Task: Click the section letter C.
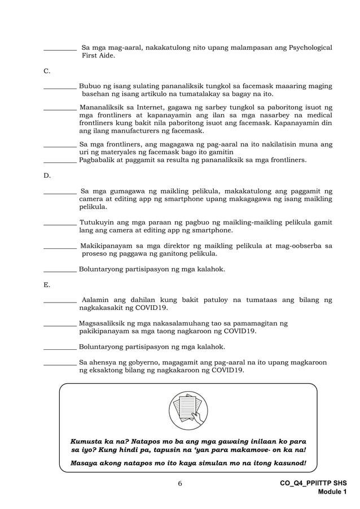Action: point(47,71)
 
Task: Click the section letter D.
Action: point(47,175)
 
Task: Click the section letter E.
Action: point(46,284)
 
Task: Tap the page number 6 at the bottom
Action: point(179,484)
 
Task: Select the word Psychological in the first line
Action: point(310,48)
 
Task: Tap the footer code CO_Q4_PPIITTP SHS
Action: point(313,484)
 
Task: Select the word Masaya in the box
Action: point(85,463)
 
